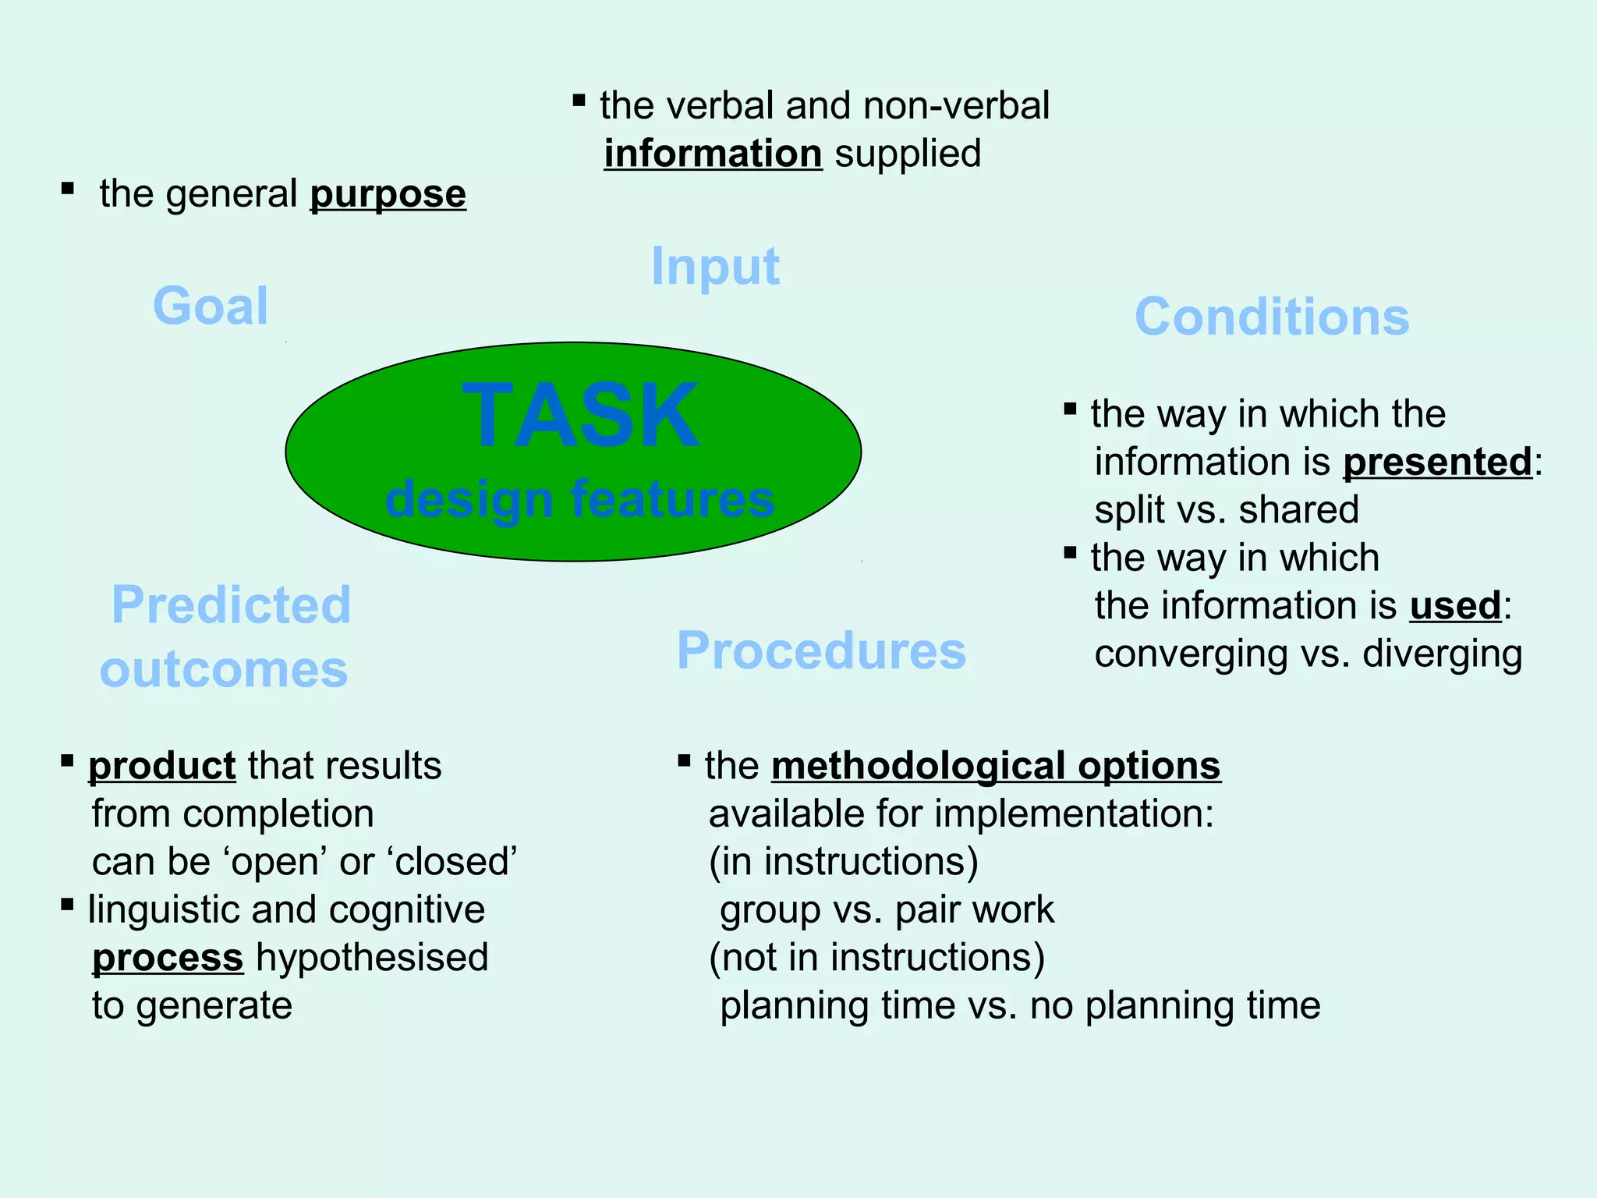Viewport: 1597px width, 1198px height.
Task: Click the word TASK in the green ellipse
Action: tap(580, 416)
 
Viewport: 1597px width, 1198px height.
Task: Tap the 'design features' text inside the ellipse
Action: tap(580, 499)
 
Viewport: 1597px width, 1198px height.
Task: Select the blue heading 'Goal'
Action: tap(211, 306)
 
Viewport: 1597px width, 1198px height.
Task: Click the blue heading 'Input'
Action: tap(715, 267)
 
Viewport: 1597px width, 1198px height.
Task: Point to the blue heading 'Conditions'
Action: tap(1272, 317)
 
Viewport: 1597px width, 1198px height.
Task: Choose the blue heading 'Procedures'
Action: tap(821, 651)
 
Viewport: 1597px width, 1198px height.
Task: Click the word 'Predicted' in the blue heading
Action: tap(231, 605)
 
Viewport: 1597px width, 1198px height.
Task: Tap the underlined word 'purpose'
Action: tap(388, 194)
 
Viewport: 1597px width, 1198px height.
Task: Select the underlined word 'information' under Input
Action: tap(713, 154)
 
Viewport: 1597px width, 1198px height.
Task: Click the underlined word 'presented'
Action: tap(1437, 462)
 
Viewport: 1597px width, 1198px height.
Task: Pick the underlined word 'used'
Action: tap(1455, 606)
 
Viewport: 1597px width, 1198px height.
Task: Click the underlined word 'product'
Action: tap(161, 766)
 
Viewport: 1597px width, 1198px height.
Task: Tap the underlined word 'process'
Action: tap(168, 958)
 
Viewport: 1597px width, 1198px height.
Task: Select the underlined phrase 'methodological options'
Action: tap(996, 766)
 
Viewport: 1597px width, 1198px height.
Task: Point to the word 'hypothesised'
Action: tap(372, 958)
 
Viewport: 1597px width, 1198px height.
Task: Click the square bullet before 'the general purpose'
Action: tap(68, 188)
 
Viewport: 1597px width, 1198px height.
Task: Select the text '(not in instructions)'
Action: tap(876, 958)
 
